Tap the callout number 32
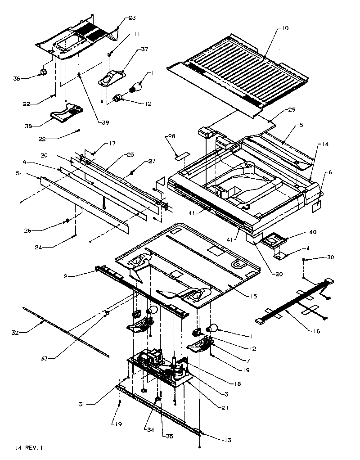pyautogui.click(x=14, y=333)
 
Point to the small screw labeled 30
pyautogui.click(x=305, y=260)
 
